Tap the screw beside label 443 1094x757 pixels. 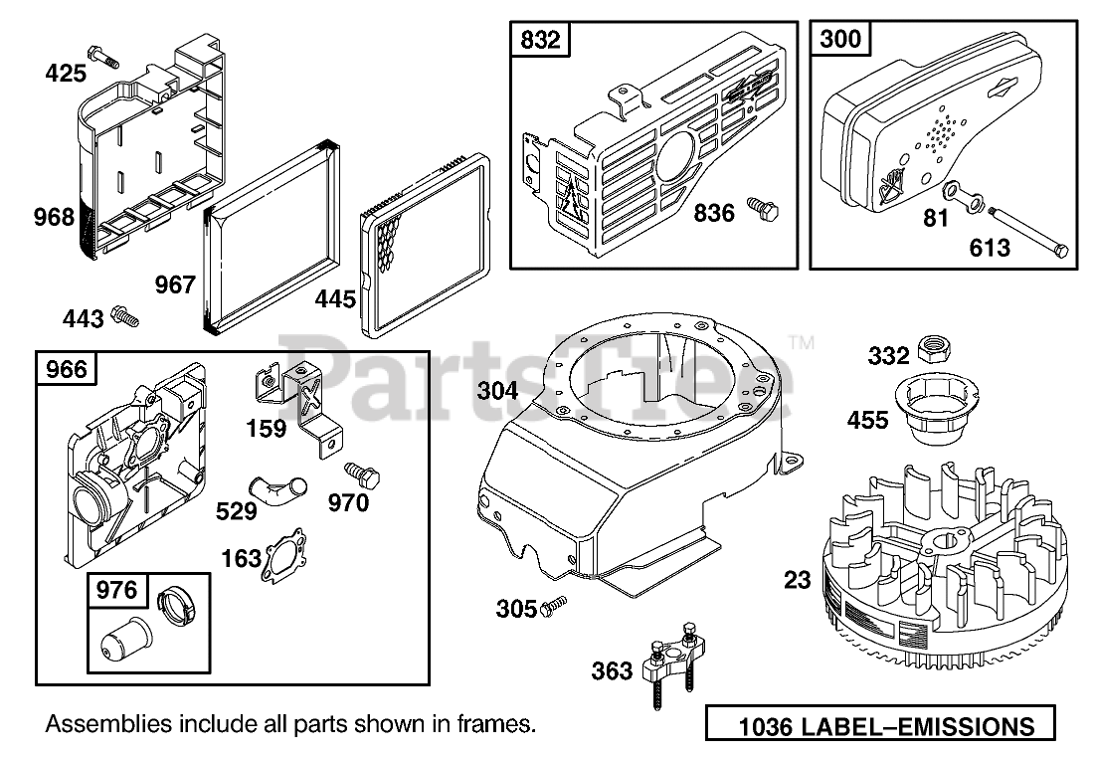click(125, 315)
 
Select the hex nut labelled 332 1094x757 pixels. click(933, 348)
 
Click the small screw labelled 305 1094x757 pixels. click(554, 606)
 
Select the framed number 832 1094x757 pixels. click(540, 41)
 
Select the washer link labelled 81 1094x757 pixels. click(965, 195)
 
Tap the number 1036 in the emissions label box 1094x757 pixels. click(766, 726)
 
